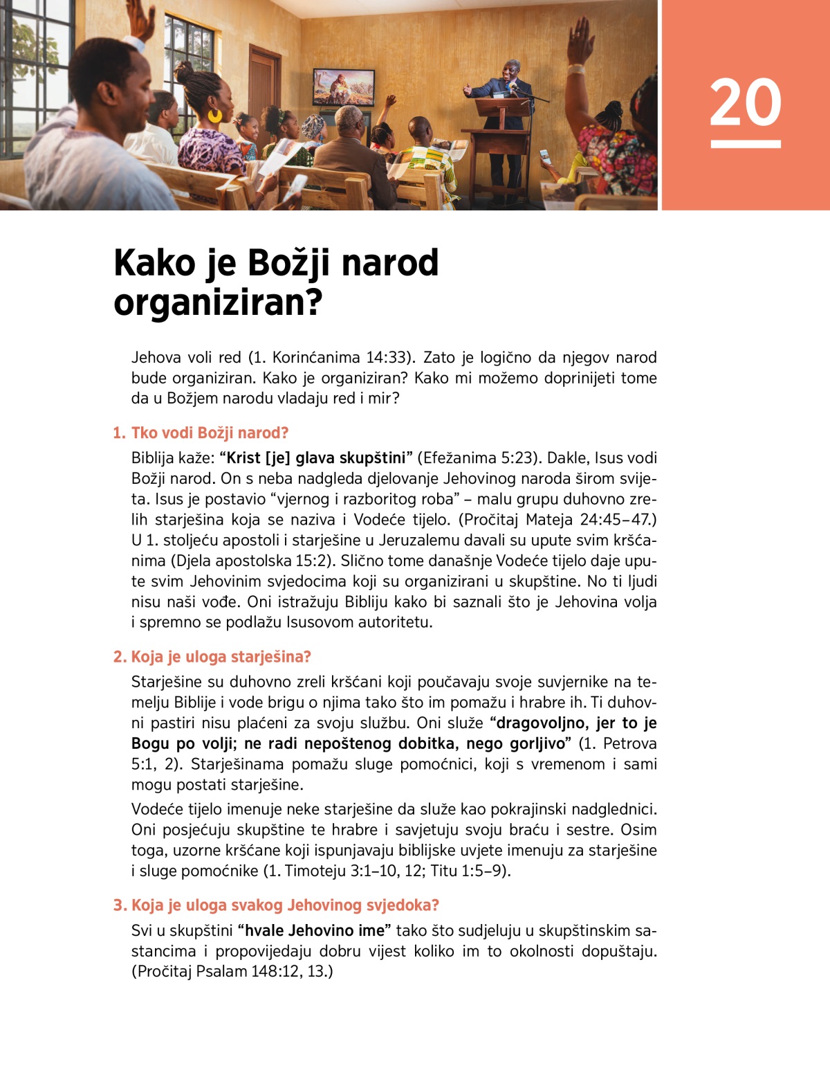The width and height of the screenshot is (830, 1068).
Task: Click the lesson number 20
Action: [745, 102]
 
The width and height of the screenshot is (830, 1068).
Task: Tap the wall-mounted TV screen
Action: [344, 87]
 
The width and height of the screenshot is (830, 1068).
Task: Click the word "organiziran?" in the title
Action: [218, 303]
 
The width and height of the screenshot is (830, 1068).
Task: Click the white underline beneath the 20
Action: [745, 144]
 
